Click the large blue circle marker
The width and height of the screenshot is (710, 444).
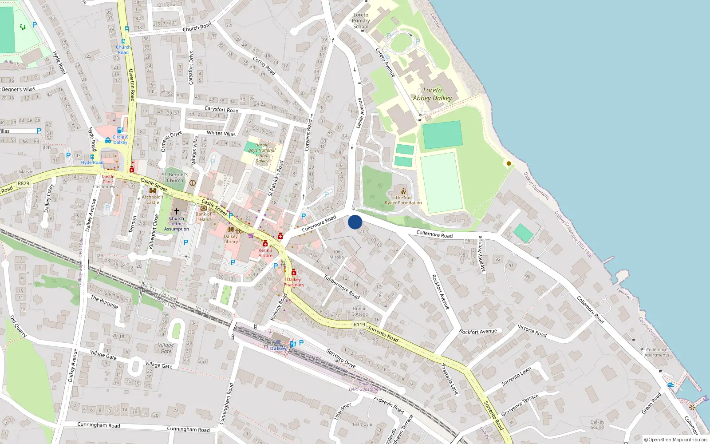coord(355,222)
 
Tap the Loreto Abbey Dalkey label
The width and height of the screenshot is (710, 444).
coord(432,94)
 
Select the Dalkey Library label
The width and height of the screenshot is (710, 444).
coord(231,239)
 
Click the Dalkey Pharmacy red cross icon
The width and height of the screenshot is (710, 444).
coord(293,273)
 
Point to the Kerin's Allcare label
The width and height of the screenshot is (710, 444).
coord(265,253)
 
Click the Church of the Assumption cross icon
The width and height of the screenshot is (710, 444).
coord(176,211)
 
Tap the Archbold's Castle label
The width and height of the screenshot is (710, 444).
coord(153,199)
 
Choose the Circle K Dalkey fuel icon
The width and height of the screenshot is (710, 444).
coord(120,131)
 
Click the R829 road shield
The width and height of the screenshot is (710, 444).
coord(24,183)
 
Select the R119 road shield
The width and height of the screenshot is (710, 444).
coord(359,325)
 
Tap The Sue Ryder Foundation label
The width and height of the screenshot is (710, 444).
coord(403,200)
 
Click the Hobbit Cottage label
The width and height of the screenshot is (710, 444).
coord(360,311)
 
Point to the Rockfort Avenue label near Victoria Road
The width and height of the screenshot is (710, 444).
coord(478,332)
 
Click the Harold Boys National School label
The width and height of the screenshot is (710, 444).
coord(262,153)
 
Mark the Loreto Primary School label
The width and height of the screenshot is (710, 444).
coord(361,21)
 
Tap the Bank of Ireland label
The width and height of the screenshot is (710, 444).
coord(204,217)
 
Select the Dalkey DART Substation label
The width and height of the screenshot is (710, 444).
coord(365,386)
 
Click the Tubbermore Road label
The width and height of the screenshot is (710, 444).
coord(341,286)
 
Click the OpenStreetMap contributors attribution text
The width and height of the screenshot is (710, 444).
coord(675,440)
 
